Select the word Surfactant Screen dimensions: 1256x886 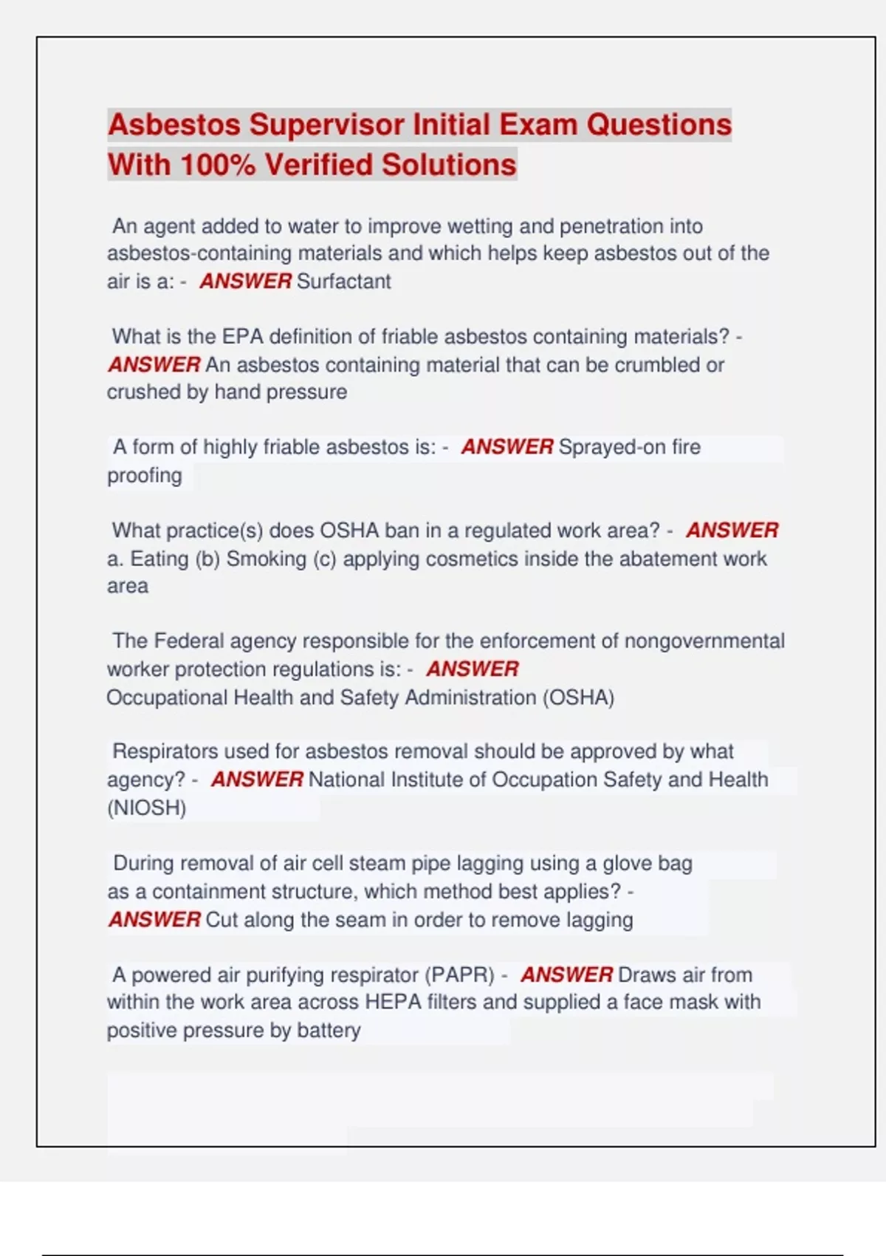click(343, 281)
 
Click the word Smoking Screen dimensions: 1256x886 click(266, 559)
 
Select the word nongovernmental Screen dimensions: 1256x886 click(704, 641)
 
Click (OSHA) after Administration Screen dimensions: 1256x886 click(579, 697)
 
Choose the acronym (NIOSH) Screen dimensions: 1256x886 click(146, 808)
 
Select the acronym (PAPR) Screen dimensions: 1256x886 click(459, 975)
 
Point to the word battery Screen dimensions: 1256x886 click(329, 1031)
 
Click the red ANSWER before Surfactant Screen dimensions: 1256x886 click(245, 281)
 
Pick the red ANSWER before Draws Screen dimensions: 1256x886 click(566, 975)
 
